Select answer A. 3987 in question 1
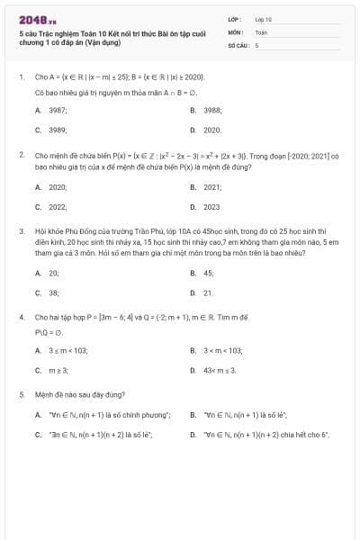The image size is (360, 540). [52, 110]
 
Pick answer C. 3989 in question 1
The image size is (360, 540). [52, 130]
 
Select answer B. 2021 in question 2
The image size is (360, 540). [207, 187]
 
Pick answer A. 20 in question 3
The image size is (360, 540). [49, 273]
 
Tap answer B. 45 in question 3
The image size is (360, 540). [203, 273]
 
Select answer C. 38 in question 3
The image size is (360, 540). [49, 292]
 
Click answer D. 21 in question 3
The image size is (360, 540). [203, 292]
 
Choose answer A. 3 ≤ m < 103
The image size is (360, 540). [61, 350]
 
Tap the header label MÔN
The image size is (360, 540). [236, 31]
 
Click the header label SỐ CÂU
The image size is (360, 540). [238, 44]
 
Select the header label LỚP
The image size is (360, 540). [235, 19]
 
